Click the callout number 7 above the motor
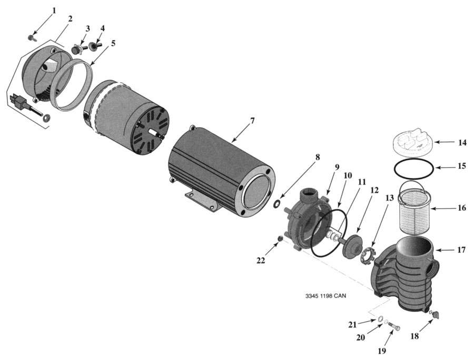(x=252, y=121)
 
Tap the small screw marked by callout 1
(x=32, y=37)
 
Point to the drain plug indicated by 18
(x=436, y=315)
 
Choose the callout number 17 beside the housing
(x=461, y=250)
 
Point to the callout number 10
(x=348, y=175)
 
